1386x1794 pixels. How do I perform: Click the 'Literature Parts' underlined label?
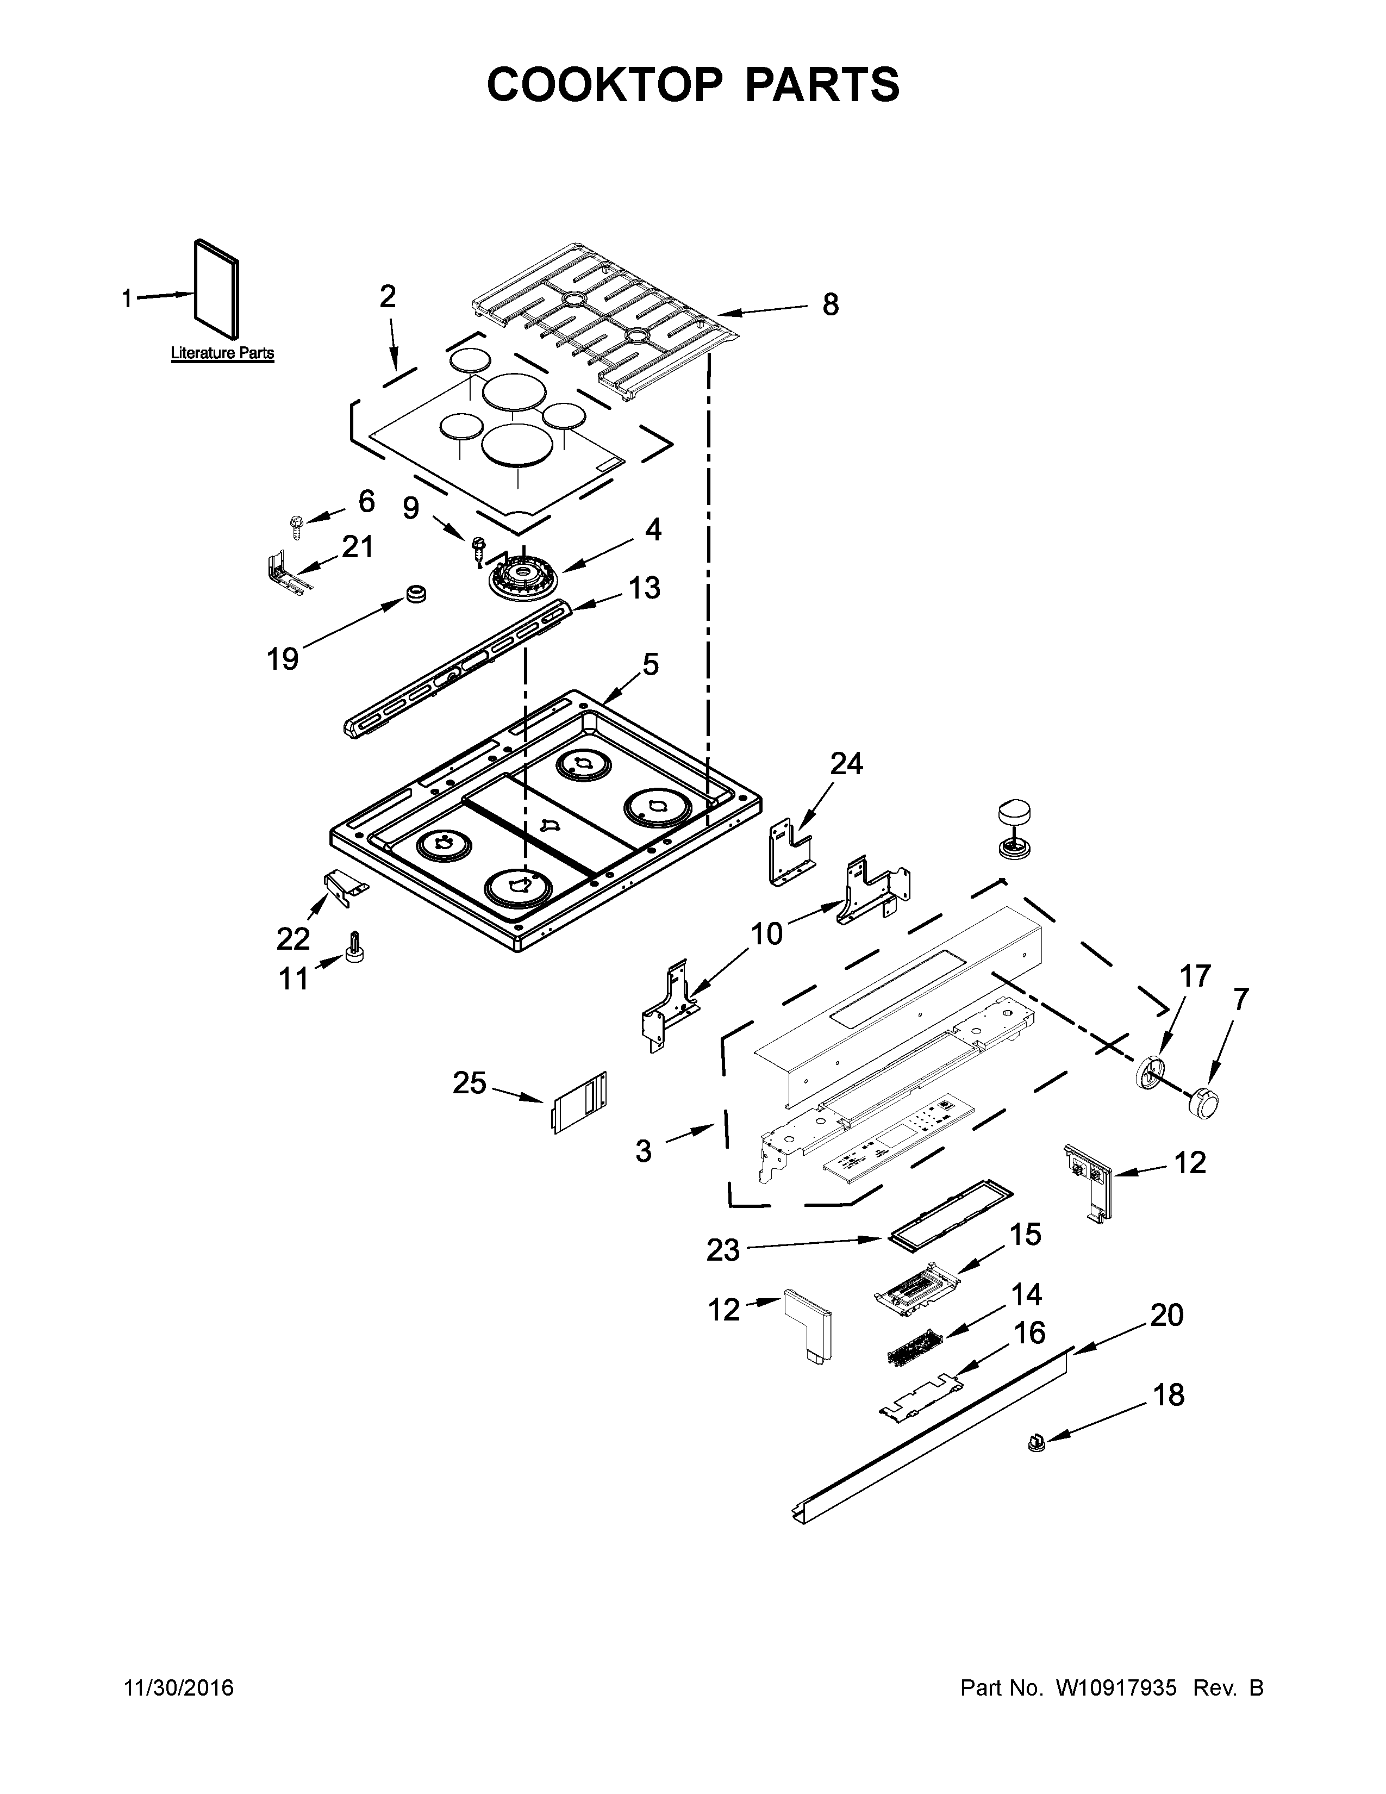pyautogui.click(x=222, y=353)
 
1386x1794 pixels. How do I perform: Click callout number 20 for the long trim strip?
pyautogui.click(x=1166, y=1315)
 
